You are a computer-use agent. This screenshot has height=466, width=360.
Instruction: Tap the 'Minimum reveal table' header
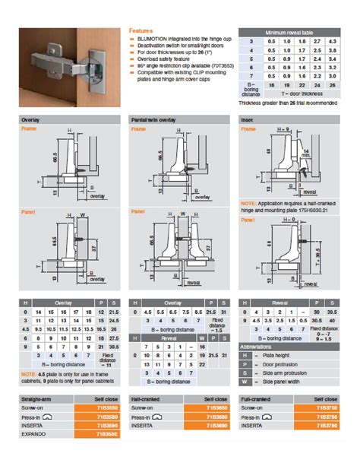[288, 33]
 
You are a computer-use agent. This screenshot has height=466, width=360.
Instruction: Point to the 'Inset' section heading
[248, 119]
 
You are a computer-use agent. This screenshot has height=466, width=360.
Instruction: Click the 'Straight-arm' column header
[37, 398]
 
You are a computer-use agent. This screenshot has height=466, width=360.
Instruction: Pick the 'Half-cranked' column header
[147, 398]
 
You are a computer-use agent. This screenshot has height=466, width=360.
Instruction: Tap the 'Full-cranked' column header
[258, 398]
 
